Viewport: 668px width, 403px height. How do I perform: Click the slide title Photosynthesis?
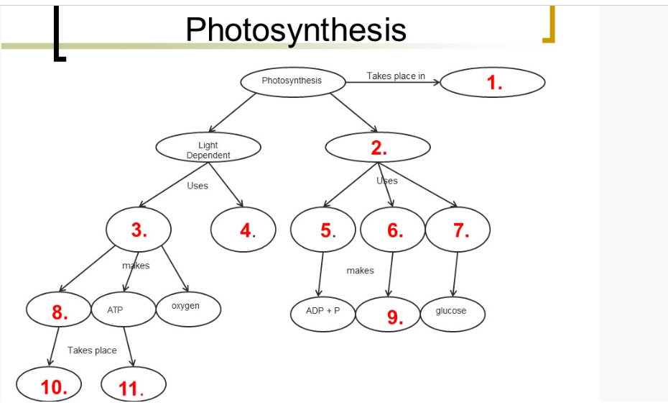pyautogui.click(x=295, y=30)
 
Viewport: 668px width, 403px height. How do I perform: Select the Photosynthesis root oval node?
pyautogui.click(x=292, y=81)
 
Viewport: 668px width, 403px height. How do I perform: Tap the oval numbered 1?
pyautogui.click(x=493, y=83)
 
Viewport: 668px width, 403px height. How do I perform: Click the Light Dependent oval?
pyautogui.click(x=208, y=150)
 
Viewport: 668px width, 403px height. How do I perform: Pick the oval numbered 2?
pyautogui.click(x=378, y=148)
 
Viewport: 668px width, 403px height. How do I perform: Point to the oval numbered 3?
pyautogui.click(x=139, y=230)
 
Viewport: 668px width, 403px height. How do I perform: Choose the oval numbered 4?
pyautogui.click(x=244, y=230)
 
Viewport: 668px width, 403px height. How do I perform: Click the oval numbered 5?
pyautogui.click(x=324, y=230)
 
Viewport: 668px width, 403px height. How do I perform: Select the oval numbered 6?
pyautogui.click(x=393, y=230)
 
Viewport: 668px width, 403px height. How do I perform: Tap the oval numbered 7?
pyautogui.click(x=458, y=230)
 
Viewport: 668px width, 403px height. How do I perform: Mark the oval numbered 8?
pyautogui.click(x=58, y=311)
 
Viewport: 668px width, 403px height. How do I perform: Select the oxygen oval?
pyautogui.click(x=188, y=309)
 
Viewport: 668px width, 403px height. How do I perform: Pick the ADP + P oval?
pyautogui.click(x=323, y=312)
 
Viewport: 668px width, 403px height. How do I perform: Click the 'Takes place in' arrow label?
pyautogui.click(x=396, y=76)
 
